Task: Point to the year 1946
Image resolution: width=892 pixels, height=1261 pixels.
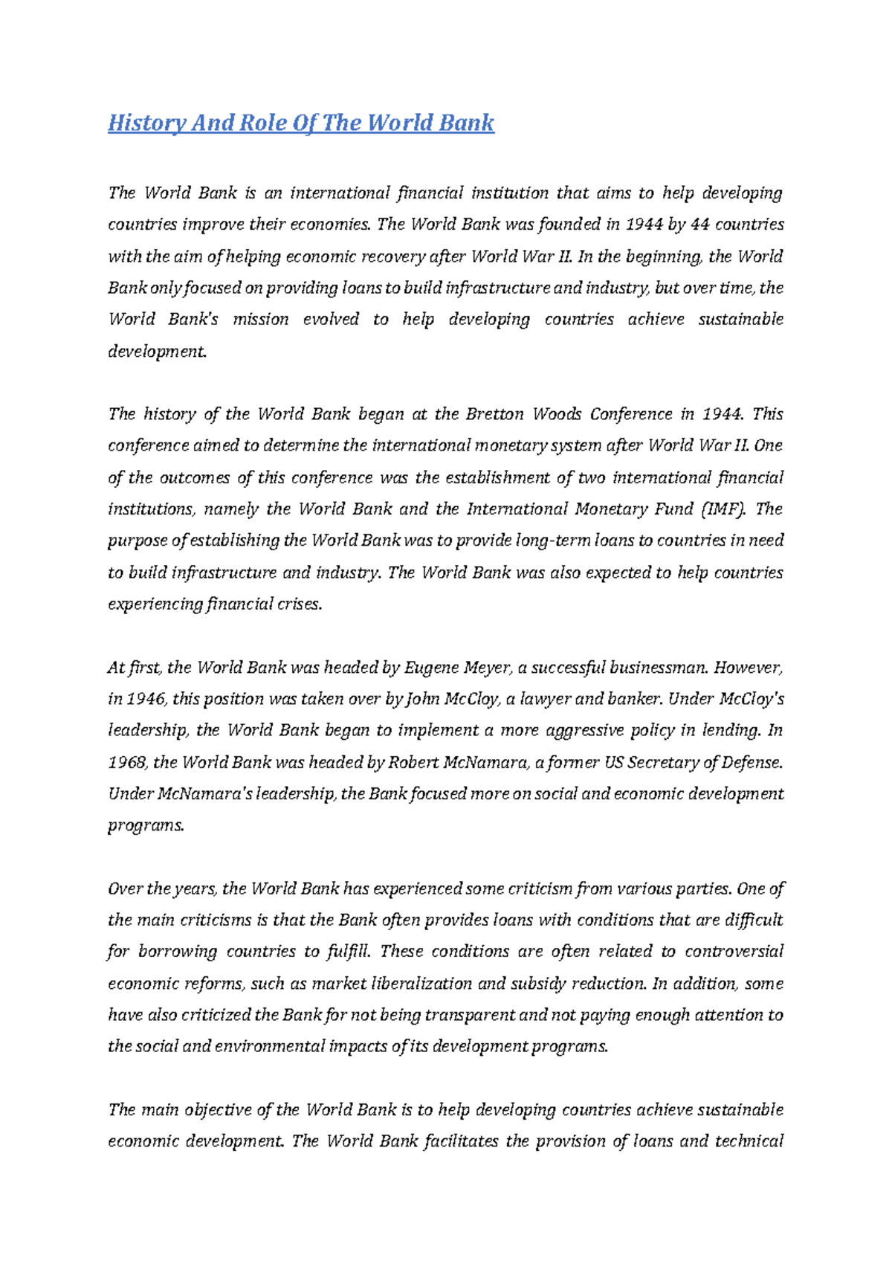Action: (x=143, y=700)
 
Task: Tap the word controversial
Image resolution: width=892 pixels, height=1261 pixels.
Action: (x=734, y=952)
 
